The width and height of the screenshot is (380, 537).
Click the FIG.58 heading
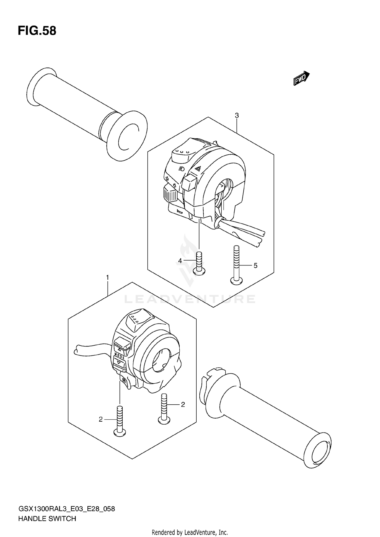(37, 31)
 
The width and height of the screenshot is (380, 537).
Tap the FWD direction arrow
(301, 78)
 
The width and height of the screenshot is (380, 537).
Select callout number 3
(237, 116)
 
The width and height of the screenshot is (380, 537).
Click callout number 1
(107, 278)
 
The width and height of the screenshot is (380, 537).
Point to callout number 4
(180, 261)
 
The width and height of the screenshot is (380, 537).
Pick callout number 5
(255, 265)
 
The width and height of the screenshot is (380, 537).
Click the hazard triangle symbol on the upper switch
(198, 168)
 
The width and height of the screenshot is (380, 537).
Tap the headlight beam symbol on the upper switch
(181, 169)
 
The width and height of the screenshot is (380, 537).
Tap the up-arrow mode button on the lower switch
(122, 346)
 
